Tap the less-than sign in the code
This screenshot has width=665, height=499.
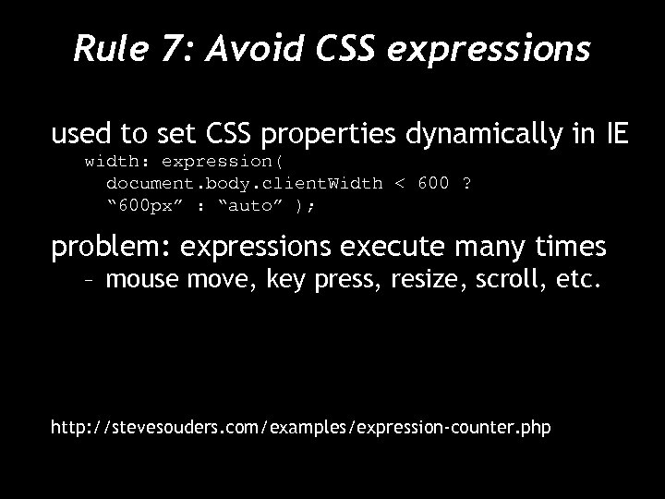pyautogui.click(x=399, y=183)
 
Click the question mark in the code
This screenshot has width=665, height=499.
pyautogui.click(x=466, y=183)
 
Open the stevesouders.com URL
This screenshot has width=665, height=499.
pyautogui.click(x=301, y=428)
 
